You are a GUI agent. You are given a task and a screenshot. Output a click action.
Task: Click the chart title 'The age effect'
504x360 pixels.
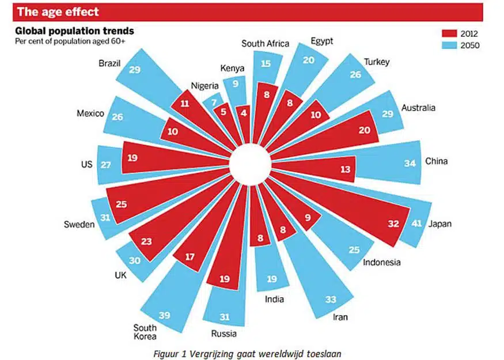pyautogui.click(x=58, y=12)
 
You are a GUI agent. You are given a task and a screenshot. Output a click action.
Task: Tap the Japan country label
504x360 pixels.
pyautogui.click(x=439, y=224)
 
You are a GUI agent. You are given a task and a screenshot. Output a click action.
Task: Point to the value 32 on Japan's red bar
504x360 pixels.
pyautogui.click(x=393, y=224)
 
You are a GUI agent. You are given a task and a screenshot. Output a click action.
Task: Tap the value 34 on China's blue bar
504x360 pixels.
pyautogui.click(x=410, y=163)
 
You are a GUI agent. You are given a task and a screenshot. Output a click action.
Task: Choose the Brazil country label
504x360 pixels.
pyautogui.click(x=109, y=63)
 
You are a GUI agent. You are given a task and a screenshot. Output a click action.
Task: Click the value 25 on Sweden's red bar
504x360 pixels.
pyautogui.click(x=122, y=203)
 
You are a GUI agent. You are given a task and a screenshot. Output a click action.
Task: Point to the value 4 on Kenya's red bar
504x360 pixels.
pyautogui.click(x=244, y=113)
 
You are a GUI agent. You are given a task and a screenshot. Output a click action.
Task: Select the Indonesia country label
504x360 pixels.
pyautogui.click(x=381, y=263)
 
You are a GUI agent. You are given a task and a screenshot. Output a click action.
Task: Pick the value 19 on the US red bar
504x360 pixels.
pyautogui.click(x=132, y=157)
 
